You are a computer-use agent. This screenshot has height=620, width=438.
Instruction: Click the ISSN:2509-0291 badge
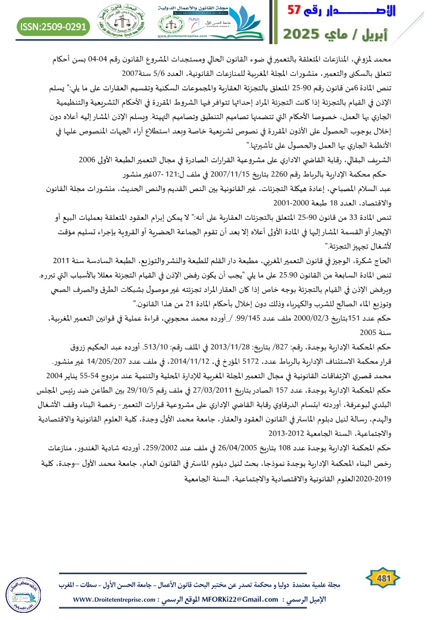pyautogui.click(x=54, y=26)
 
